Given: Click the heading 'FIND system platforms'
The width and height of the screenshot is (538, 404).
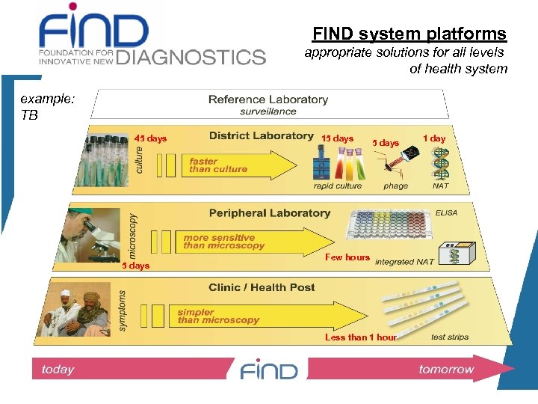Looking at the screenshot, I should (409, 34).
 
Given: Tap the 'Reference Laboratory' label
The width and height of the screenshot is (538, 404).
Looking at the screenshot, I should (268, 100).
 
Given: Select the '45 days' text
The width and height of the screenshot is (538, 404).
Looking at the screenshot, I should (151, 138).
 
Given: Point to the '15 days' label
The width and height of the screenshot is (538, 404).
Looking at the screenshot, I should (337, 138).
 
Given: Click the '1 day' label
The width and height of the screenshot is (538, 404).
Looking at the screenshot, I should (434, 138).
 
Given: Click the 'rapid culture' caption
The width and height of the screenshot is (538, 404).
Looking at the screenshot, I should (338, 186).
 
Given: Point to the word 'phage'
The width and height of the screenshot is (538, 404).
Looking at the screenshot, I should (395, 186).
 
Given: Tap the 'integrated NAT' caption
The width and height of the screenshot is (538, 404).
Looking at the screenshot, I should (404, 262).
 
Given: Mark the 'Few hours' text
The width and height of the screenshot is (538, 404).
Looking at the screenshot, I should (347, 257).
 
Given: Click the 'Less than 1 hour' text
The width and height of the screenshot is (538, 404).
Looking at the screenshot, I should (360, 337).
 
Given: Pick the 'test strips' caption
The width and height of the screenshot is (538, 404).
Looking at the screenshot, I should (450, 337).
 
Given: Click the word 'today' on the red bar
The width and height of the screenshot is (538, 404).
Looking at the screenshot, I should (58, 369).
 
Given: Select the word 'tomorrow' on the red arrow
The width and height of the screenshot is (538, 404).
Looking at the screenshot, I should (446, 369).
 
